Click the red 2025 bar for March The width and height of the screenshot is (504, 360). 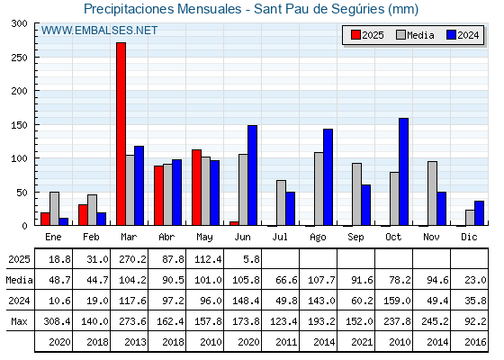[x=121, y=134]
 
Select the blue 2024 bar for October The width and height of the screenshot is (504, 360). [x=404, y=172]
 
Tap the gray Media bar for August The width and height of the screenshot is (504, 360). [x=319, y=189]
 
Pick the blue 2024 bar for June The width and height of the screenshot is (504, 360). [x=252, y=175]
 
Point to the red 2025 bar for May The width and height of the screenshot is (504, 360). [x=197, y=187]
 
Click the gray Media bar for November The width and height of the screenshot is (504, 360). [x=432, y=193]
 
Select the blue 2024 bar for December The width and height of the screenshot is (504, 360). [x=479, y=213]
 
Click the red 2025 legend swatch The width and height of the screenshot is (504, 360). [x=355, y=35]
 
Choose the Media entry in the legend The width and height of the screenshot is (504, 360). [x=415, y=35]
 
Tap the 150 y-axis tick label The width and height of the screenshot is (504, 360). [x=19, y=125]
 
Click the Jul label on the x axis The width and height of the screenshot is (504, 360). [x=280, y=237]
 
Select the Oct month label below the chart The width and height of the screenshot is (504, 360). [x=393, y=237]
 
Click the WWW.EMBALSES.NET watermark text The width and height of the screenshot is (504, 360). [x=99, y=31]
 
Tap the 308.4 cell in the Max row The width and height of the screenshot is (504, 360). [x=57, y=321]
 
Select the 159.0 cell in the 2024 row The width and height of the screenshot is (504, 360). [x=397, y=301]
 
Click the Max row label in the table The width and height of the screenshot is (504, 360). [x=19, y=321]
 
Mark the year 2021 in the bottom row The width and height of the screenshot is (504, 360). [x=362, y=342]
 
